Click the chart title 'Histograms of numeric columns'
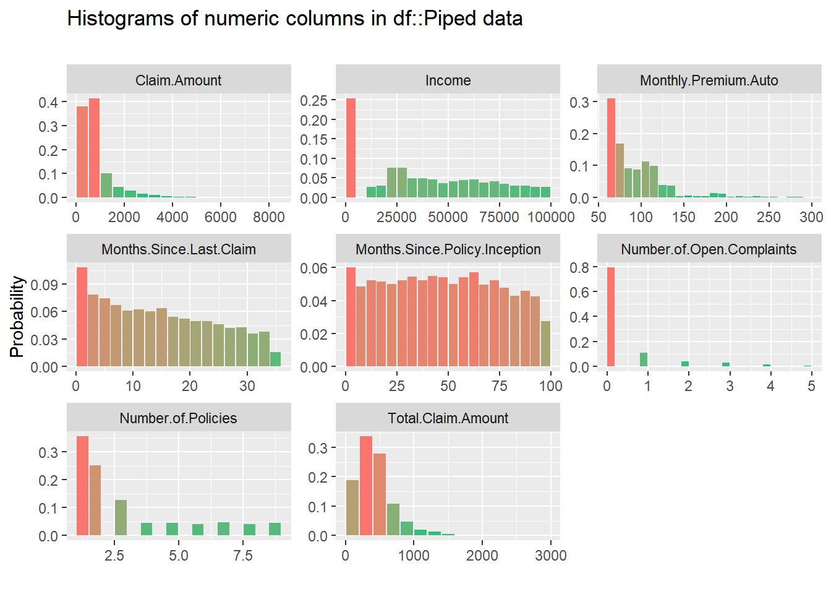click(x=294, y=19)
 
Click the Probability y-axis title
click(x=17, y=316)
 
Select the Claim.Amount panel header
click(x=179, y=80)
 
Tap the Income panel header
click(x=448, y=80)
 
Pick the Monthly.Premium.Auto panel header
click(x=709, y=80)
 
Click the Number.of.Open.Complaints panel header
click(x=709, y=249)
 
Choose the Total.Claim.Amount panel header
click(x=448, y=418)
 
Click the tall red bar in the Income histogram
click(x=351, y=148)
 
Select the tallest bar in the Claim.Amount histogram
click(x=94, y=148)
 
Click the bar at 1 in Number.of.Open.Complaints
click(x=644, y=359)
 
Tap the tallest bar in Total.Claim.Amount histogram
click(x=366, y=486)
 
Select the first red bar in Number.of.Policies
click(x=82, y=486)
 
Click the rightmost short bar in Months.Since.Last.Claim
click(x=276, y=359)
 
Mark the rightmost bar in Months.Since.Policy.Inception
click(x=545, y=344)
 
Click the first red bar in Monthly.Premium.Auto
click(x=611, y=148)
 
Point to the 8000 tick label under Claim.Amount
click(x=269, y=217)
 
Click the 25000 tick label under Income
click(x=396, y=217)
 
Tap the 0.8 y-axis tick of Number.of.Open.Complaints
click(x=579, y=267)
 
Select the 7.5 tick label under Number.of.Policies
click(x=243, y=556)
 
